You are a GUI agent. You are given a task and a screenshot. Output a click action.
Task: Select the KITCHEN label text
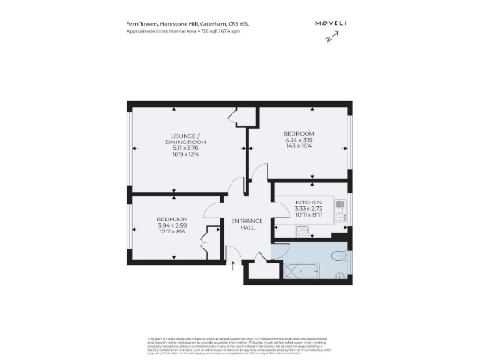(309, 202)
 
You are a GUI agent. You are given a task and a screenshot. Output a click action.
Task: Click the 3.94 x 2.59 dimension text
(173, 226)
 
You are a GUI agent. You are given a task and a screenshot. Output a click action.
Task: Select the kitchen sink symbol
(303, 229)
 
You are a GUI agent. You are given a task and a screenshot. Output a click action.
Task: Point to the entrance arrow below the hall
(233, 264)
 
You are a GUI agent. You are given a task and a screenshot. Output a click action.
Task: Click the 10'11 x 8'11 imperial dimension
(309, 216)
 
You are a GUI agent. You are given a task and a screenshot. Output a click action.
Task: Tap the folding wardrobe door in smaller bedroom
(207, 249)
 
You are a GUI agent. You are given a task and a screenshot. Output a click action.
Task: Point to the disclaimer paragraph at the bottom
(240, 344)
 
